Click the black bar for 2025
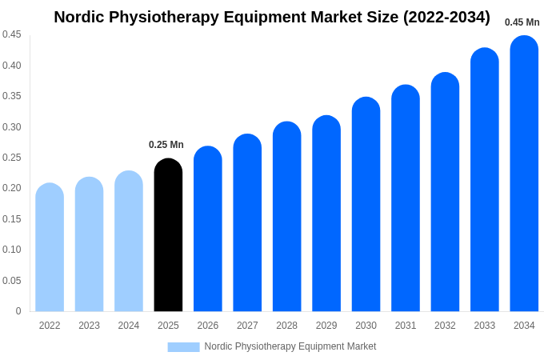[168, 236]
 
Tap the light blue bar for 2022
[50, 248]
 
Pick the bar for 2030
[366, 205]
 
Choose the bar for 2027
[247, 223]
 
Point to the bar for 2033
[485, 180]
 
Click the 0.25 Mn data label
[166, 145]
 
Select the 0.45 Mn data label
[522, 22]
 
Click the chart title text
[272, 17]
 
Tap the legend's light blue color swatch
[183, 346]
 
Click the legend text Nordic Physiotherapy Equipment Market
[290, 346]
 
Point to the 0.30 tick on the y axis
[12, 126]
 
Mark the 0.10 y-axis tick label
[12, 250]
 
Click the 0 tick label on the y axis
[18, 311]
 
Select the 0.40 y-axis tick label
[12, 65]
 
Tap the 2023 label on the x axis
[89, 326]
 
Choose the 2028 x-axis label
[286, 326]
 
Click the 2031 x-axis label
[406, 326]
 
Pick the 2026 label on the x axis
[208, 326]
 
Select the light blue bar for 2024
[129, 242]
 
